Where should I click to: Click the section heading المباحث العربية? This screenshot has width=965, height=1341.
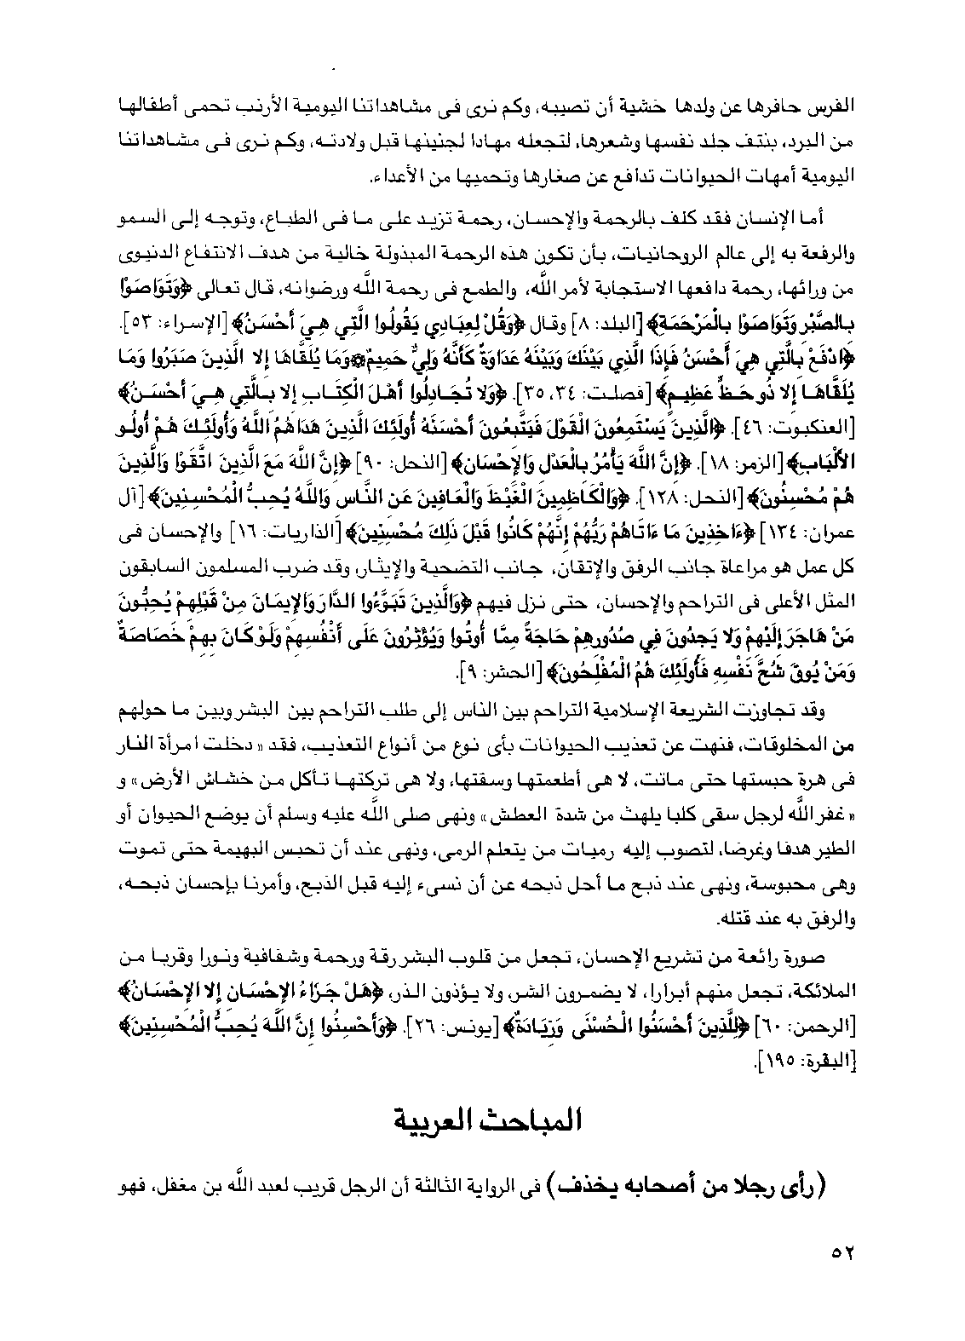click(x=483, y=1119)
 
